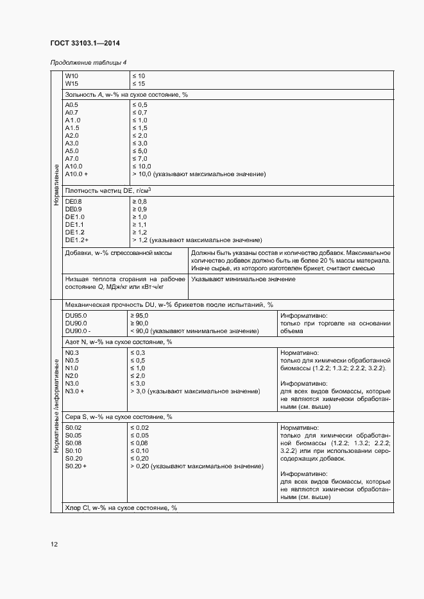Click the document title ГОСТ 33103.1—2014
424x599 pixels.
coord(85,44)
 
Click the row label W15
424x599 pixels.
coord(71,84)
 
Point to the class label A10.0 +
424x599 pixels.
coord(76,174)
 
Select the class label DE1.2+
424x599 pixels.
coord(76,240)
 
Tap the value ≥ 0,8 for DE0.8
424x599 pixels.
coord(139,201)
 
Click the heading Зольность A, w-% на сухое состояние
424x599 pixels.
coord(126,94)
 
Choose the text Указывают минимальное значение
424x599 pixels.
coord(243,279)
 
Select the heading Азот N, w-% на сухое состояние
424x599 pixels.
coord(119,342)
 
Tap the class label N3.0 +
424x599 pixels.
coord(75,391)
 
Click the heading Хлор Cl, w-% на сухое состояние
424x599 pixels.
coord(121,507)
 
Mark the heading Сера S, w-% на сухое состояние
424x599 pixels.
coord(119,417)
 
